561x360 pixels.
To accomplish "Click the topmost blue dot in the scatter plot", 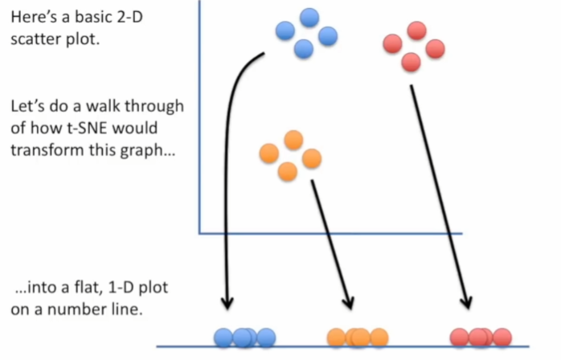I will click(309, 17).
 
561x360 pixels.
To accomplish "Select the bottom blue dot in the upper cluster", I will click(303, 49).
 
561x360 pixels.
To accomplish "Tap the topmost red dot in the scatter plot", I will click(416, 31).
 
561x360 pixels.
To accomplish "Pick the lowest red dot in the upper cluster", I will click(411, 61).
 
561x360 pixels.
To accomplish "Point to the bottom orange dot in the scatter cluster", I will click(287, 171).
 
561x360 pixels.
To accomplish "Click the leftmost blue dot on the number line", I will click(223, 337).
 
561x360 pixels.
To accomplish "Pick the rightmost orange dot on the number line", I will click(378, 337).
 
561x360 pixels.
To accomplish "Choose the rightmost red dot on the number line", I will click(502, 337).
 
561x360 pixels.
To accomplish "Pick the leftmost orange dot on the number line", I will click(336, 337).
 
